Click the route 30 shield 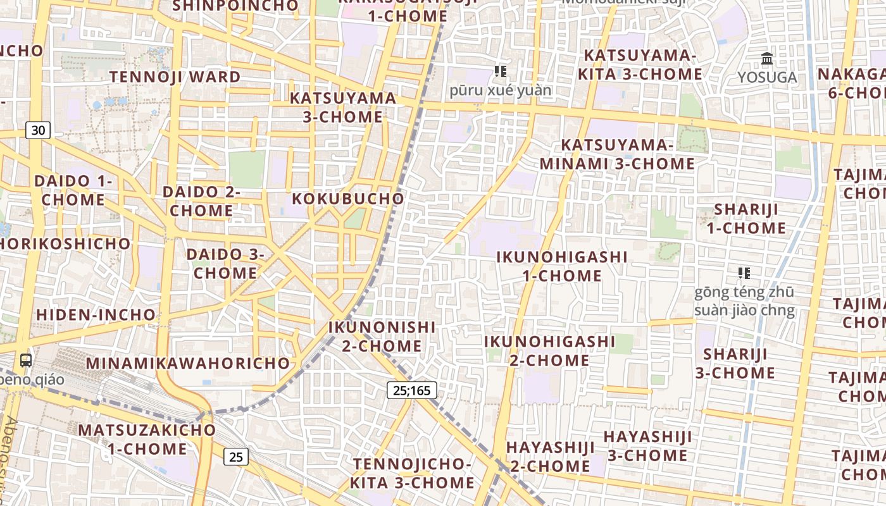[x=38, y=130]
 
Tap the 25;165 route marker [x=411, y=390]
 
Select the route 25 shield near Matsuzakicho [x=235, y=457]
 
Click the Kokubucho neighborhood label [x=347, y=198]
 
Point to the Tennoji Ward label [x=175, y=77]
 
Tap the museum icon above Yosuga [x=767, y=59]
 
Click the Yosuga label [x=767, y=78]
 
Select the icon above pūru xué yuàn [x=501, y=71]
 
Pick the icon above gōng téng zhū [x=744, y=273]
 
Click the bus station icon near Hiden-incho [x=26, y=361]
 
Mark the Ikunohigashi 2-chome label [x=549, y=350]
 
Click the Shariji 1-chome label [x=746, y=218]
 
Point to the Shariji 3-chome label [x=735, y=363]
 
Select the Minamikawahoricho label [x=188, y=364]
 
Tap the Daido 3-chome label [x=225, y=264]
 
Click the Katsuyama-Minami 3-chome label [x=617, y=154]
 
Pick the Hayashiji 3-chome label [x=647, y=446]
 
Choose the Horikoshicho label [x=65, y=244]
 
